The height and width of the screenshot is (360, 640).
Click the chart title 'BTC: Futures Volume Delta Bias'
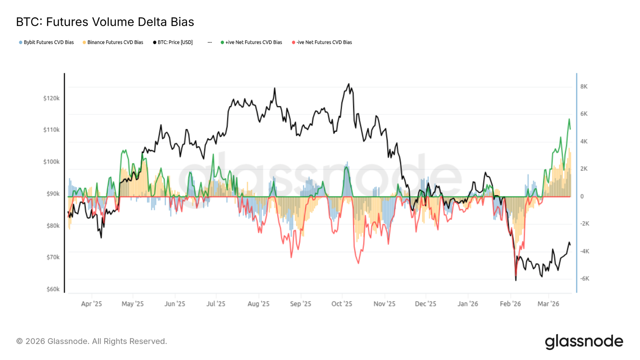105,22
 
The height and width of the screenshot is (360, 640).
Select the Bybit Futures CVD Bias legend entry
46,42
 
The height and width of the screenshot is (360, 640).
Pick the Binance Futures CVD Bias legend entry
113,42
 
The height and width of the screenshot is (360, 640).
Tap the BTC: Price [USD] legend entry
173,42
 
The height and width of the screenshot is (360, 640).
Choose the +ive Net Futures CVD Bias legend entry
251,42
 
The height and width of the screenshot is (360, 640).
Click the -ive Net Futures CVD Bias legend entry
322,42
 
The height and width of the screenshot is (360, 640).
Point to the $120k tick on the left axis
51,98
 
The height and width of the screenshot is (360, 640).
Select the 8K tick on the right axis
584,86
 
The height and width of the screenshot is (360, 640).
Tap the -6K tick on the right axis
585,279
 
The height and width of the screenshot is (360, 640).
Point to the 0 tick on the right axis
582,196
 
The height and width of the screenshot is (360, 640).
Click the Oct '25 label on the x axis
342,304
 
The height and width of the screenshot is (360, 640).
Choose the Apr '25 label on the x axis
91,304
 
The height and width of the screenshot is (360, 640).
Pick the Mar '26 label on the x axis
548,304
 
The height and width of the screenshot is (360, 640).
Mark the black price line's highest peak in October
348,84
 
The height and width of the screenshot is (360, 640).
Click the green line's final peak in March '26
569,119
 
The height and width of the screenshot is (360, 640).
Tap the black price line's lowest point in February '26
516,280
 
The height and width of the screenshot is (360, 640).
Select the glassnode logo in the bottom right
584,342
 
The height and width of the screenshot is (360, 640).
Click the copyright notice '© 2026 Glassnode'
91,341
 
